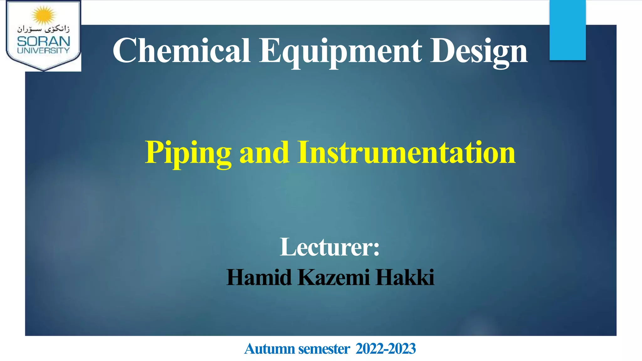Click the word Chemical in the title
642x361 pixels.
click(181, 51)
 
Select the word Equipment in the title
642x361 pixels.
click(340, 51)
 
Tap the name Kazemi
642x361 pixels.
click(334, 277)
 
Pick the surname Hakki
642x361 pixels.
click(405, 277)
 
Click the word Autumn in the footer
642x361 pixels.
click(269, 349)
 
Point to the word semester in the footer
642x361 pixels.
click(324, 349)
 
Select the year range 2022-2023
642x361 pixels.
click(386, 349)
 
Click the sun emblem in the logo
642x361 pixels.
click(44, 15)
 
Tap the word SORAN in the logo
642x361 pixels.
click(44, 41)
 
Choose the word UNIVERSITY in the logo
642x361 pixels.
click(44, 50)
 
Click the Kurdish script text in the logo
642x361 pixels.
click(44, 29)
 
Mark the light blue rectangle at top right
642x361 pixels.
click(567, 30)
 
